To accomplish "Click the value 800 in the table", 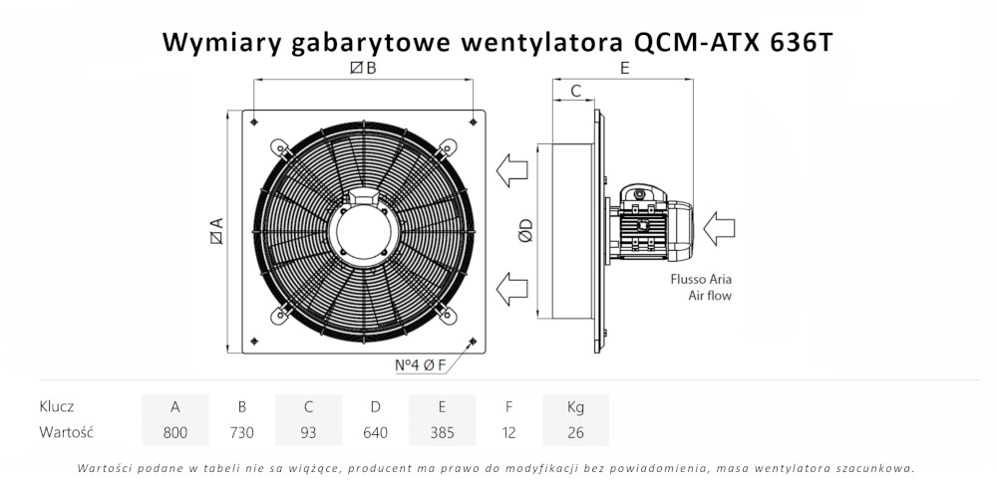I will tap(175, 432).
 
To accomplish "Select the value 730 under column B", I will tap(241, 432).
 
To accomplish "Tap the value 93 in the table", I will tap(309, 432).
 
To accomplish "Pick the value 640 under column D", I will tap(375, 432).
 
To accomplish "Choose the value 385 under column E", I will tap(442, 432).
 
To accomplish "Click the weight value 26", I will tap(575, 432).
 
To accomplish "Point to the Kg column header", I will tap(575, 406).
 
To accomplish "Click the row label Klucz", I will tap(57, 406).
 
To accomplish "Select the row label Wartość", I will tap(66, 432).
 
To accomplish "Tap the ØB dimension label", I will tap(363, 69).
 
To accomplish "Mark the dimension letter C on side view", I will tap(575, 91).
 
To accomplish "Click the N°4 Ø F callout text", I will tap(421, 364).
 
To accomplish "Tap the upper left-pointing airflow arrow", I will tap(512, 168).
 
